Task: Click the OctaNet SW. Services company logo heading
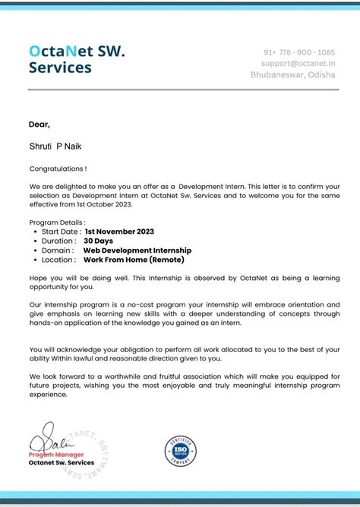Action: pyautogui.click(x=77, y=59)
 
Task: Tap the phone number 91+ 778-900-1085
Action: pyautogui.click(x=299, y=52)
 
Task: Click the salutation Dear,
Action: pyautogui.click(x=39, y=124)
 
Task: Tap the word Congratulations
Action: pyautogui.click(x=57, y=168)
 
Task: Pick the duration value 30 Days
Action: pyautogui.click(x=99, y=241)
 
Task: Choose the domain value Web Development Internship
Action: pyautogui.click(x=137, y=250)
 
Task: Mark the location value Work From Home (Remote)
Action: pyautogui.click(x=134, y=260)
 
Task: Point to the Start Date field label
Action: pyautogui.click(x=60, y=231)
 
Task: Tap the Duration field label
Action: pyautogui.click(x=58, y=241)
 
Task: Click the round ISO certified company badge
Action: pyautogui.click(x=181, y=450)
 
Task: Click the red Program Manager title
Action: pyautogui.click(x=56, y=454)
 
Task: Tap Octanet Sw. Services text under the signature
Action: pyautogui.click(x=62, y=462)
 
